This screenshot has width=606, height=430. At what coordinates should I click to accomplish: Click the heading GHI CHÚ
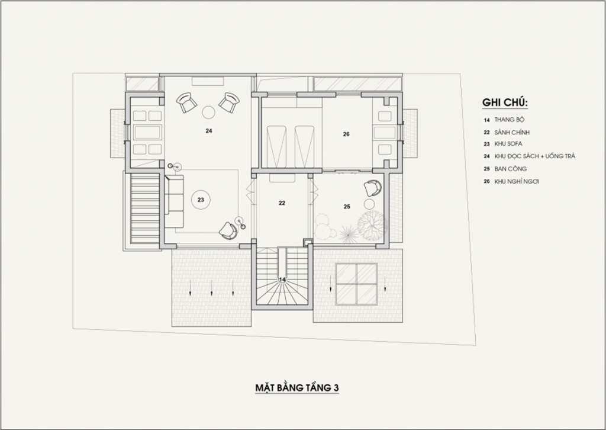[505, 102]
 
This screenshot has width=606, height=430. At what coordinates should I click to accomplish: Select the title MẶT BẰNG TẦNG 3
[297, 387]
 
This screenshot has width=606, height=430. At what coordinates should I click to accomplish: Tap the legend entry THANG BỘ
[510, 120]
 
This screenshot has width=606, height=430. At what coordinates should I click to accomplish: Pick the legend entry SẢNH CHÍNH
[512, 132]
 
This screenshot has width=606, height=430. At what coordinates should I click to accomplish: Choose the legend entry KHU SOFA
[508, 144]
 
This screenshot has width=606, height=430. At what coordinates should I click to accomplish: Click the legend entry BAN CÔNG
[511, 169]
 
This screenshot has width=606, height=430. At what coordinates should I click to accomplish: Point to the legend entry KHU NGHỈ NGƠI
[517, 181]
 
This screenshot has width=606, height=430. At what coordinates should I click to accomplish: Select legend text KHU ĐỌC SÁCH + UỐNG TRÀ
[535, 156]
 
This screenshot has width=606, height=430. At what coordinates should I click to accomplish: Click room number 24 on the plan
[209, 131]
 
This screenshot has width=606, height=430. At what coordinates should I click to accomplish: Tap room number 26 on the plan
[346, 134]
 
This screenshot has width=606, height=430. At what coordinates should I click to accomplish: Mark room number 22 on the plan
[282, 203]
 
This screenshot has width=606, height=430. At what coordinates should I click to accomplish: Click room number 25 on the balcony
[347, 207]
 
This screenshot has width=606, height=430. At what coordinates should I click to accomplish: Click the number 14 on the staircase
[282, 279]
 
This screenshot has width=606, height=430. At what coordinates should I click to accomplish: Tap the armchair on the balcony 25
[373, 188]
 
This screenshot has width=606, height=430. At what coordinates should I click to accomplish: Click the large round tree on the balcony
[372, 226]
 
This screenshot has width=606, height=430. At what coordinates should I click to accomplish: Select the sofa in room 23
[174, 201]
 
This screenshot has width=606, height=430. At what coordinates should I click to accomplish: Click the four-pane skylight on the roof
[356, 284]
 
